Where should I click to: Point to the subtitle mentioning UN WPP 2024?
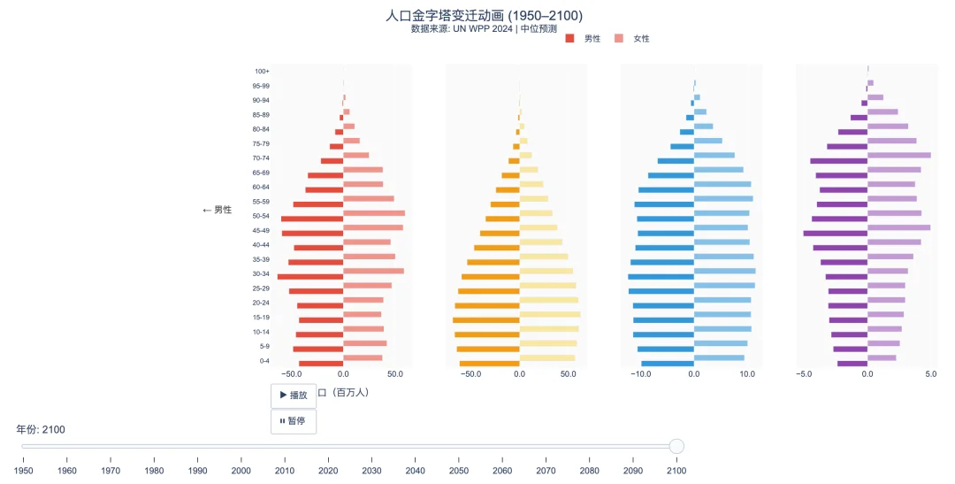pyautogui.click(x=484, y=28)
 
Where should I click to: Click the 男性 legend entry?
pyautogui.click(x=584, y=38)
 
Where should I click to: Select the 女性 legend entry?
pyautogui.click(x=633, y=38)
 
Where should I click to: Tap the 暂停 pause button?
pyautogui.click(x=293, y=421)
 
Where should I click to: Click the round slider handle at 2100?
pyautogui.click(x=676, y=446)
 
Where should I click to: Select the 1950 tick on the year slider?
pyautogui.click(x=23, y=470)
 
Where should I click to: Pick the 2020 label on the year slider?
pyautogui.click(x=328, y=470)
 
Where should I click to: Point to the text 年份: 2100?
pyautogui.click(x=41, y=429)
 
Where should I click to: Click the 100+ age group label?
pyautogui.click(x=262, y=72)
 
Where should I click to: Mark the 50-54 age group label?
pyautogui.click(x=261, y=216)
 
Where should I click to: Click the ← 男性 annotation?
pyautogui.click(x=217, y=210)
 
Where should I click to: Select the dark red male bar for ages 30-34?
pyautogui.click(x=309, y=276)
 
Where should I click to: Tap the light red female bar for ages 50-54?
pyautogui.click(x=373, y=213)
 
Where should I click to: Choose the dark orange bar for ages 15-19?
pyautogui.click(x=485, y=319)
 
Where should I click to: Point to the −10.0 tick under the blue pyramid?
pyautogui.click(x=640, y=374)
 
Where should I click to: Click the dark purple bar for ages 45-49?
pyautogui.click(x=835, y=233)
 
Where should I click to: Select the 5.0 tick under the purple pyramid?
pyautogui.click(x=930, y=374)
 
